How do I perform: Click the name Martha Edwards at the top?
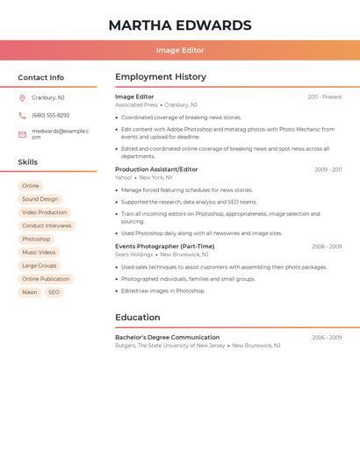180,25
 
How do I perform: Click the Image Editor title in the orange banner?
180,50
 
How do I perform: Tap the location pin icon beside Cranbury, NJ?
22,97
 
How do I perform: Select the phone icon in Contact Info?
22,115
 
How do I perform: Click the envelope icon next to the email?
22,134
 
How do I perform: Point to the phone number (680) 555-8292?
50,115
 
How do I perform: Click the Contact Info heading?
40,77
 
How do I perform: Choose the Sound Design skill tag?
40,199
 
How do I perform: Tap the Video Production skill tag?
44,212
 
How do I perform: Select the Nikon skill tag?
30,292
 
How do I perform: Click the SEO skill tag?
54,292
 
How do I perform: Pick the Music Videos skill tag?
39,252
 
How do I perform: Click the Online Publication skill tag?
46,279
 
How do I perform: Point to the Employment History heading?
161,77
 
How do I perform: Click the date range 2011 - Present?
325,97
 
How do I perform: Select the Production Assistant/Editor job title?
156,169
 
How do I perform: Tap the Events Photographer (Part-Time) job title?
164,247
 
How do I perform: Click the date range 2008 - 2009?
327,247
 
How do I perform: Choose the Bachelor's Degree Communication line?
167,337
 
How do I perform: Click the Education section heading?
138,318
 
